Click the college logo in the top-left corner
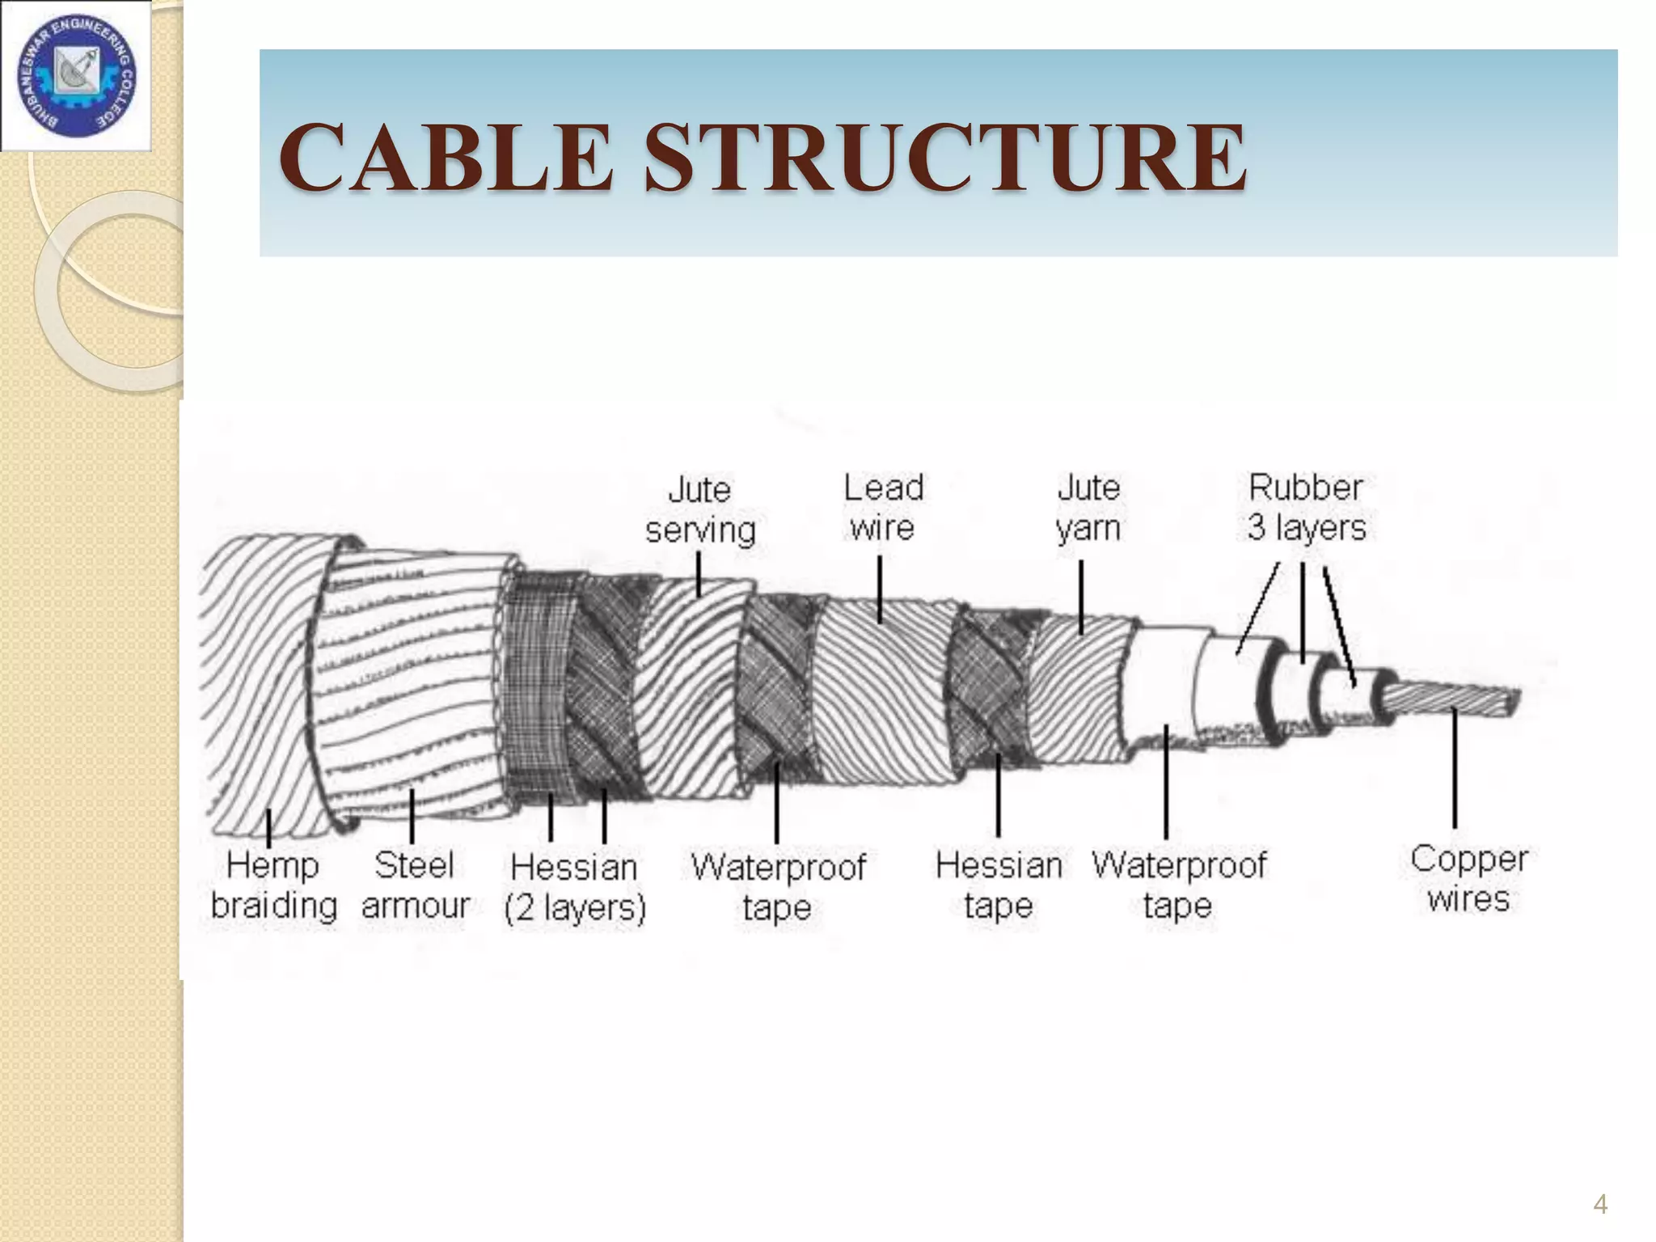pyautogui.click(x=77, y=76)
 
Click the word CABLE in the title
pyautogui.click(x=445, y=157)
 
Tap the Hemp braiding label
pyautogui.click(x=273, y=885)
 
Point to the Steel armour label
pyautogui.click(x=415, y=885)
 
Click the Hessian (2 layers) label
pyautogui.click(x=574, y=887)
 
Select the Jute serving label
pyautogui.click(x=700, y=509)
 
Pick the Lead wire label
pyautogui.click(x=883, y=508)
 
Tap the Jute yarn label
pyautogui.click(x=1088, y=508)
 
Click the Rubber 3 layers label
pyautogui.click(x=1306, y=507)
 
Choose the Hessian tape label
pyautogui.click(x=999, y=885)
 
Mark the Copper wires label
pyautogui.click(x=1468, y=879)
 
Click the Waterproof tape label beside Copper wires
pyautogui.click(x=1179, y=885)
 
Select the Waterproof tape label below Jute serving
pyautogui.click(x=777, y=887)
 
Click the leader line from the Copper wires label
pyautogui.click(x=1455, y=768)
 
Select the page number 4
pyautogui.click(x=1599, y=1205)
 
